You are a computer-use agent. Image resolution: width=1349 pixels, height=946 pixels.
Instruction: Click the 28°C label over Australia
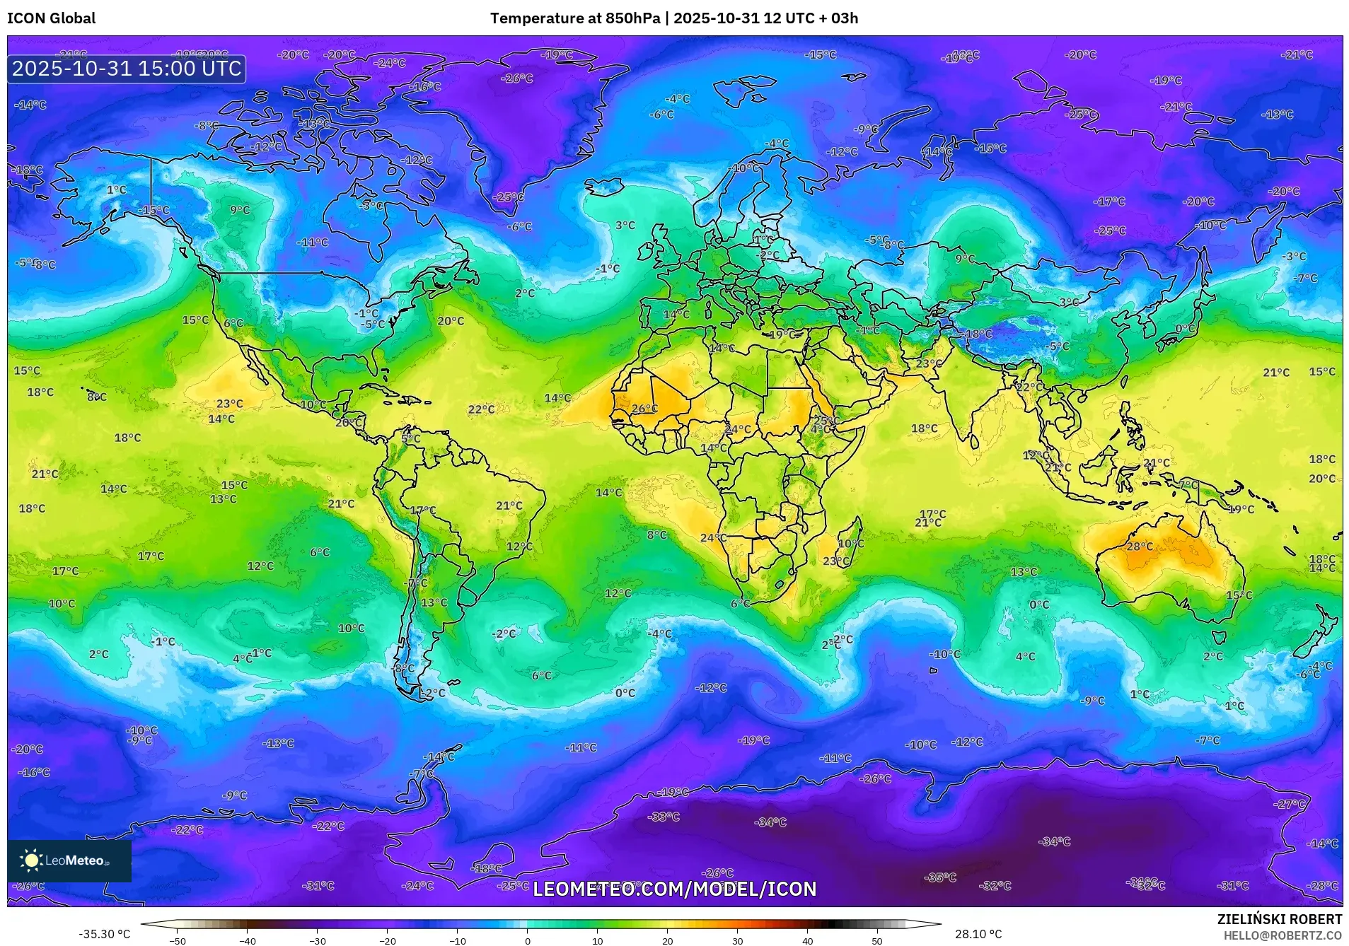(x=1140, y=547)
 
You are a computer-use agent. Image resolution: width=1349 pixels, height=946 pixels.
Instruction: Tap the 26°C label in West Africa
(x=644, y=409)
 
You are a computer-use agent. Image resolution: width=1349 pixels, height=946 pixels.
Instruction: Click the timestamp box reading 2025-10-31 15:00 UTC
(x=127, y=69)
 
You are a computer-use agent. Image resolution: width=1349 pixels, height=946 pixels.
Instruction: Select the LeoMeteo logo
(x=69, y=860)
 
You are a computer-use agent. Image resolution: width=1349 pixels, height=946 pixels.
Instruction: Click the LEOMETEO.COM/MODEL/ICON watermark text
(x=674, y=889)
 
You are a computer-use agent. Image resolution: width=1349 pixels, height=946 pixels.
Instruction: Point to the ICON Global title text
(x=51, y=18)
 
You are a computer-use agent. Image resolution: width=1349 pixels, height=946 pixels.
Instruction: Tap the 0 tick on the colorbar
(x=527, y=940)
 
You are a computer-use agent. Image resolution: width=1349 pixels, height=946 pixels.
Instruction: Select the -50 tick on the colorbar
(x=178, y=940)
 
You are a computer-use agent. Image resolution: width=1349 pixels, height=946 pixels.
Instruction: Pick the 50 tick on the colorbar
(x=876, y=940)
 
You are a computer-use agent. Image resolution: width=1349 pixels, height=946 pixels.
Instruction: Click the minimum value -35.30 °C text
(x=104, y=934)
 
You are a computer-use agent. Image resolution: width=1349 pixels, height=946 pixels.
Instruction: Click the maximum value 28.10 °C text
(x=978, y=934)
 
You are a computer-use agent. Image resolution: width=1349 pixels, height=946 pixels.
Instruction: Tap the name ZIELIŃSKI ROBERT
(x=1279, y=919)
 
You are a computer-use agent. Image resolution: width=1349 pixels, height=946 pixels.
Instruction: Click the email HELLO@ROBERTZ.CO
(x=1283, y=935)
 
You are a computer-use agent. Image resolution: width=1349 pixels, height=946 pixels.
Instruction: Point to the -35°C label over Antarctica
(x=940, y=877)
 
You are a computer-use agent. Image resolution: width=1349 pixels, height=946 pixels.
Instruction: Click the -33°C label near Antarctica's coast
(x=664, y=817)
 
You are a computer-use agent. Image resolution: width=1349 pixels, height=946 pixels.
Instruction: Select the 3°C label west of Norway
(x=625, y=226)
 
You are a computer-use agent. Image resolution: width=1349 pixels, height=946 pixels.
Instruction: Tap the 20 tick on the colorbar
(x=667, y=940)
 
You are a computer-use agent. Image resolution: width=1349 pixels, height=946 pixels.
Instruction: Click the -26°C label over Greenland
(x=516, y=78)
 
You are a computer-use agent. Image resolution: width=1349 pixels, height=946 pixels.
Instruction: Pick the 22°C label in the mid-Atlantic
(x=481, y=409)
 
